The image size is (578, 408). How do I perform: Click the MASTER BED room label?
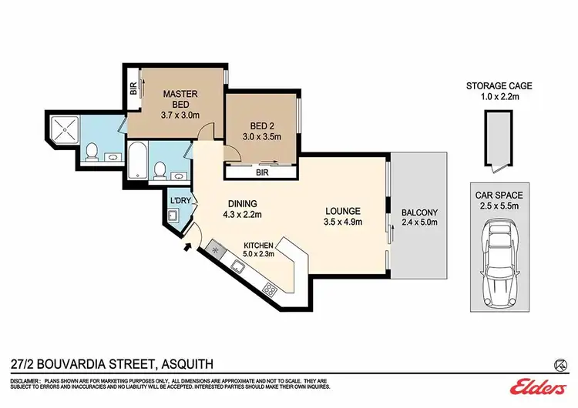(x=180, y=99)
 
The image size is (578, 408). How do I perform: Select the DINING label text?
(x=243, y=203)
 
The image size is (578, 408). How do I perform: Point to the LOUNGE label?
(x=343, y=211)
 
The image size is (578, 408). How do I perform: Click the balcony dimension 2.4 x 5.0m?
(x=418, y=223)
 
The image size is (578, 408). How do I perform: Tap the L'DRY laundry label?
(x=180, y=202)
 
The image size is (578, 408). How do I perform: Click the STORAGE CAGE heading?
(x=499, y=87)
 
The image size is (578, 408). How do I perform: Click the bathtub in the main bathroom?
(x=139, y=160)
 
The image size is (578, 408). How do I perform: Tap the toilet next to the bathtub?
(x=160, y=169)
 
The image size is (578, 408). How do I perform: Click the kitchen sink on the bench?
(x=239, y=267)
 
